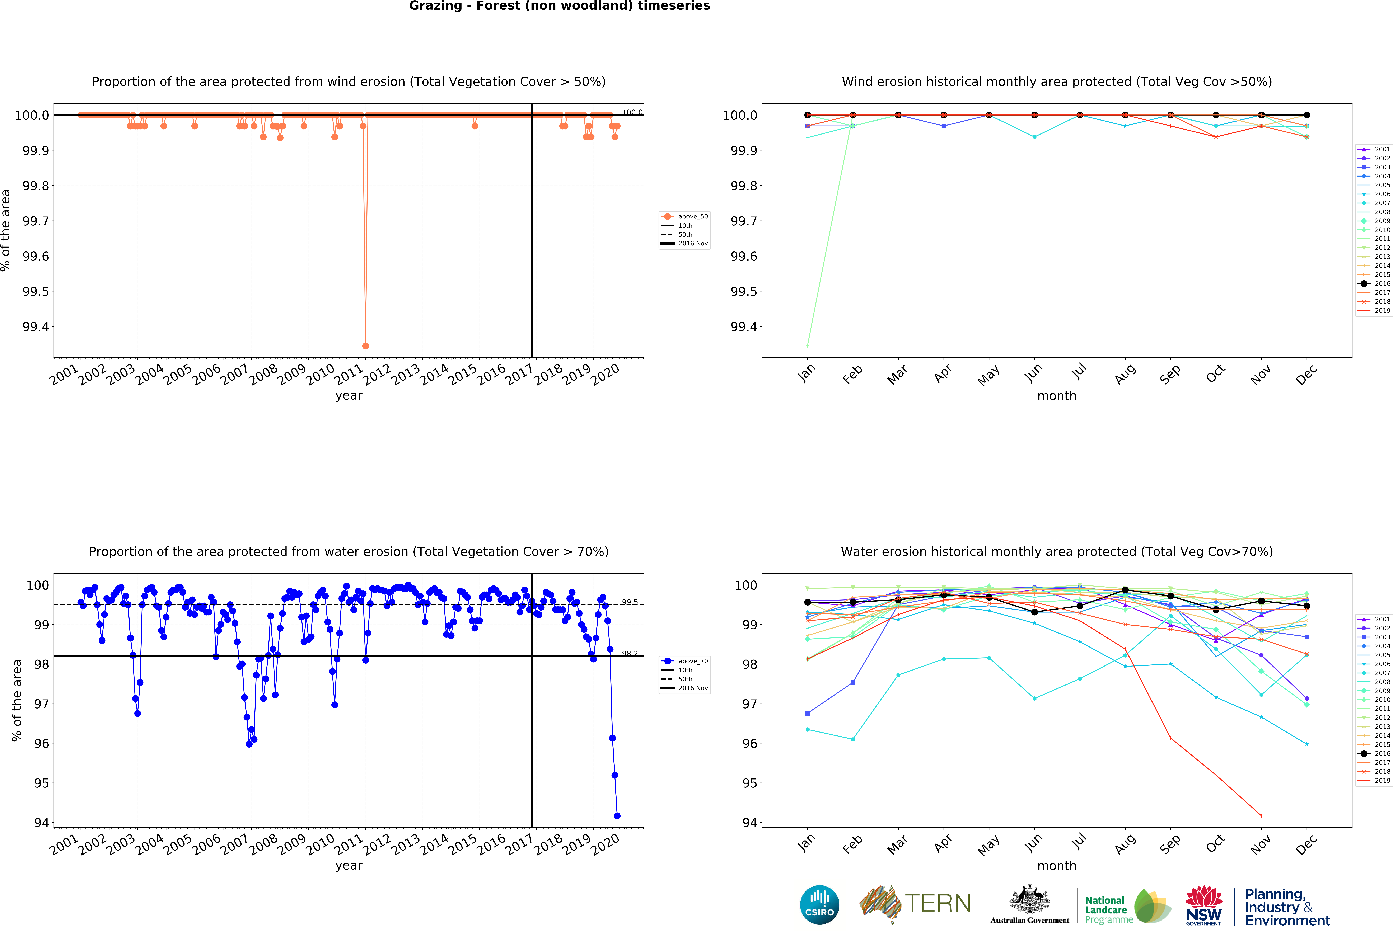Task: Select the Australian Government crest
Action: coord(1029,899)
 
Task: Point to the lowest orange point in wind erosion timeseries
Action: coord(366,346)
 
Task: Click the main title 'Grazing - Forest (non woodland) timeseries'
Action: coord(559,6)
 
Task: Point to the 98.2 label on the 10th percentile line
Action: coord(629,653)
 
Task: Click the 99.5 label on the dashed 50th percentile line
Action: coord(629,602)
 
